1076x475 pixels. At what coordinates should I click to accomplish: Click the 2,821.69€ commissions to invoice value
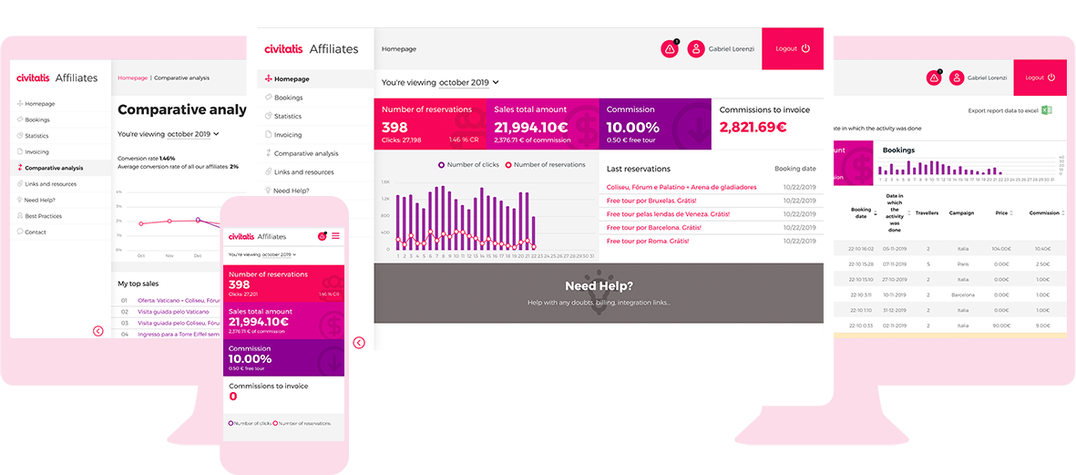(753, 128)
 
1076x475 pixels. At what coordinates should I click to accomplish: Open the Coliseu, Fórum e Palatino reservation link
(681, 187)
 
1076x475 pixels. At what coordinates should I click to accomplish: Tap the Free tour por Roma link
(648, 241)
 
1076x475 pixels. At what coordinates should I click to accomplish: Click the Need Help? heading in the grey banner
(599, 286)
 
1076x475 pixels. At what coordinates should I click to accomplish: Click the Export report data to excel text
(1003, 110)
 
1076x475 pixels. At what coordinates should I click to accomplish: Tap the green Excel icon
(1048, 110)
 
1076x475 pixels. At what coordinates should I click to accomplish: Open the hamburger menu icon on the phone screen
(335, 236)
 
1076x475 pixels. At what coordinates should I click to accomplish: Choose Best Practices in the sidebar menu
(44, 216)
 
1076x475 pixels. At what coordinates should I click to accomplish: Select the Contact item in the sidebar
(36, 232)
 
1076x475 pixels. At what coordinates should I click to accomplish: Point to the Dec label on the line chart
(198, 256)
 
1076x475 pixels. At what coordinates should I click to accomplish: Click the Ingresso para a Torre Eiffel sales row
(179, 334)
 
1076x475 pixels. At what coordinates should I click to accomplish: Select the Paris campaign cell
(963, 263)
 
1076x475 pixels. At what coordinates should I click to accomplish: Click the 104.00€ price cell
(1001, 248)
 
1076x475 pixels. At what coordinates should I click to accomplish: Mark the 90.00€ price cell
(1002, 325)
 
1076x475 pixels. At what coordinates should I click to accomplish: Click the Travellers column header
(927, 213)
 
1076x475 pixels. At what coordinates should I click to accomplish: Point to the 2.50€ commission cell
(1042, 263)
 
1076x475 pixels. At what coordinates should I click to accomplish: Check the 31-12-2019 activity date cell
(893, 310)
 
